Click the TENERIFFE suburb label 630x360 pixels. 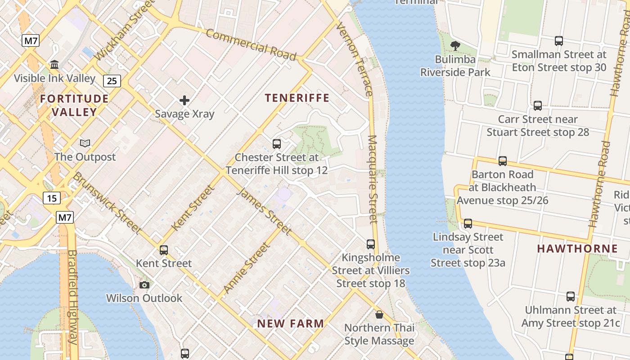coord(297,98)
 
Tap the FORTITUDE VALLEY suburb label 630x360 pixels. coord(74,105)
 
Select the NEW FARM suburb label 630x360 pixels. coord(290,323)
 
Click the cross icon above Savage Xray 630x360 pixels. coord(184,100)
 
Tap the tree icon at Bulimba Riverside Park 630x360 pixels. coord(455,45)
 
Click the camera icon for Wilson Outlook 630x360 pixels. coord(144,285)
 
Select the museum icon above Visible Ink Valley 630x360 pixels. coord(55,65)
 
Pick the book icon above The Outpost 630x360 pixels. coord(85,144)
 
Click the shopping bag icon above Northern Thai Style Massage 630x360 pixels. coord(379,315)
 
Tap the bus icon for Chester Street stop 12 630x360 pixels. coord(277,144)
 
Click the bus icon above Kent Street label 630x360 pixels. coord(164,250)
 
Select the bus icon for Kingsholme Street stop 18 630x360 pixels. coord(371,244)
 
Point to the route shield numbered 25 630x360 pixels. coord(112,81)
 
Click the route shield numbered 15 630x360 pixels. coord(52,198)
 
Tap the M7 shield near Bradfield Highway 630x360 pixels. coord(65,217)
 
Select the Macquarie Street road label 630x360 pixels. coord(373,179)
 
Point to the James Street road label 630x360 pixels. coord(264,211)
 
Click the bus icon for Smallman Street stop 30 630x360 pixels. coord(559,41)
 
